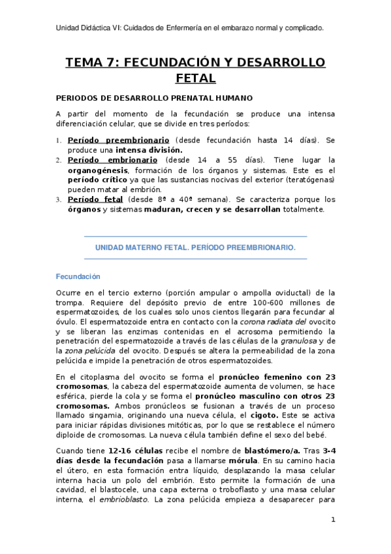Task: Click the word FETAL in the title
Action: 195,79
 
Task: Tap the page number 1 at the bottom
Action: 332,519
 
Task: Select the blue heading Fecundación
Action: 78,276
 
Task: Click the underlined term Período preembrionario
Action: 119,140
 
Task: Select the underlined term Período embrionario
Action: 112,159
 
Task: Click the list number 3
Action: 57,199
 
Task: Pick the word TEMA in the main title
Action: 86,63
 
